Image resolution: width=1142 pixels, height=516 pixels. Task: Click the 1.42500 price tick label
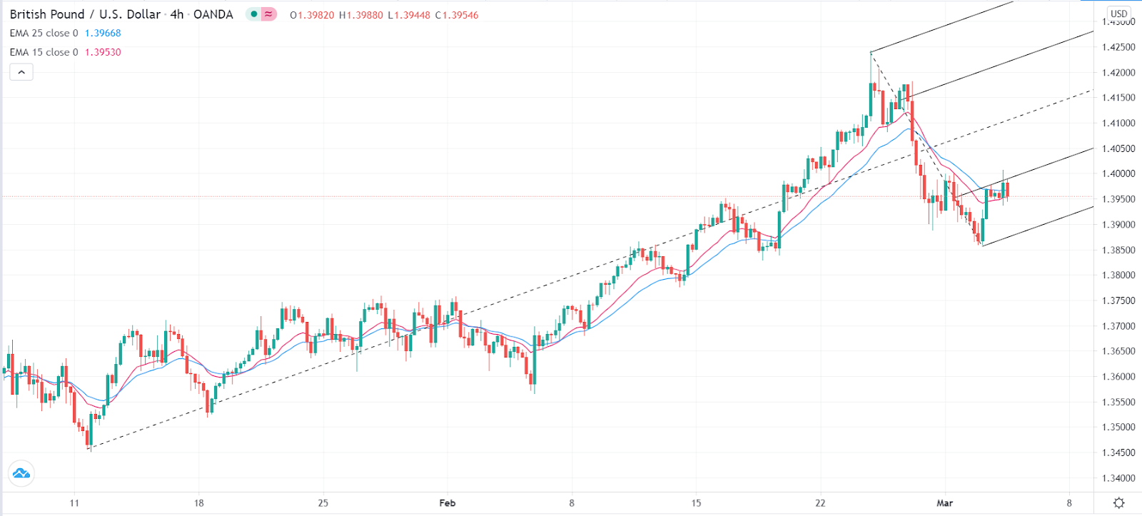pyautogui.click(x=1118, y=47)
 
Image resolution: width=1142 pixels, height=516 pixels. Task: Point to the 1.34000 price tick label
pyautogui.click(x=1118, y=478)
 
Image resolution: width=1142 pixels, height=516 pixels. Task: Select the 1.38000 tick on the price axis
pyautogui.click(x=1118, y=275)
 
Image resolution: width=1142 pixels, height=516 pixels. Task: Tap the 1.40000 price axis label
pyautogui.click(x=1118, y=173)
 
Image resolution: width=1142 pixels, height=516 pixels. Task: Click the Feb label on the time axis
pyautogui.click(x=448, y=503)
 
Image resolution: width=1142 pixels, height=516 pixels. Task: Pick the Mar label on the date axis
pyautogui.click(x=944, y=503)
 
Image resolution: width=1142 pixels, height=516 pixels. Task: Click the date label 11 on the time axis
pyautogui.click(x=74, y=503)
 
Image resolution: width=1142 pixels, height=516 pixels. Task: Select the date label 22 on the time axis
pyautogui.click(x=820, y=503)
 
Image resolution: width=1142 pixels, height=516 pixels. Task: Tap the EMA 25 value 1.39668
pyautogui.click(x=103, y=34)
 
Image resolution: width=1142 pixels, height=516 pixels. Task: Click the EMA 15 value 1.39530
pyautogui.click(x=103, y=52)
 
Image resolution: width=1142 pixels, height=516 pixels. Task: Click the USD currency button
pyautogui.click(x=1118, y=14)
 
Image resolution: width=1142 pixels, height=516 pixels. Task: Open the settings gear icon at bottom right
pyautogui.click(x=1118, y=503)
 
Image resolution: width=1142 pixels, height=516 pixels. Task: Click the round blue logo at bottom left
pyautogui.click(x=21, y=473)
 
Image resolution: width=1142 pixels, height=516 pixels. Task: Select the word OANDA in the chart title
pyautogui.click(x=213, y=14)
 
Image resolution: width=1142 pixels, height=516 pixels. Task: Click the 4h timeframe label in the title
pyautogui.click(x=177, y=14)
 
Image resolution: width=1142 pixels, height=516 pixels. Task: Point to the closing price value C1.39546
pyautogui.click(x=457, y=15)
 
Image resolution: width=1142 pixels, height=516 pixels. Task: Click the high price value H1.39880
pyautogui.click(x=361, y=15)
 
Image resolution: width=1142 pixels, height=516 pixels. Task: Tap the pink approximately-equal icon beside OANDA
pyautogui.click(x=269, y=14)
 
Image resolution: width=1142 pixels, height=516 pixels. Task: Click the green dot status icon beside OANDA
pyautogui.click(x=253, y=14)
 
